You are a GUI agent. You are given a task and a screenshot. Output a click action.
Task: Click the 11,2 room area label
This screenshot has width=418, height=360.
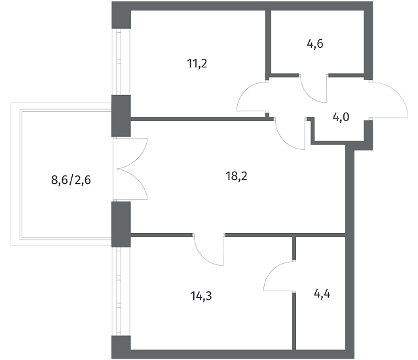pos(197,64)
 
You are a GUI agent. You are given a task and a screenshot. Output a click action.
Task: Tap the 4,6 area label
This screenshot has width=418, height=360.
pos(315,44)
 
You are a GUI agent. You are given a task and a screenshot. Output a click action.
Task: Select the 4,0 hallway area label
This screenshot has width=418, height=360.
pos(341,117)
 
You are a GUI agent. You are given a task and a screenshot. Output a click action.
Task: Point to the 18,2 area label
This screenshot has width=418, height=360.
pos(237,176)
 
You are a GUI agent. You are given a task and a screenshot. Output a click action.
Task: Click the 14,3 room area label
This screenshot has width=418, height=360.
pos(201,296)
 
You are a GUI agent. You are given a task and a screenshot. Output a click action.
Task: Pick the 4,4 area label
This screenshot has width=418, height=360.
pos(322,295)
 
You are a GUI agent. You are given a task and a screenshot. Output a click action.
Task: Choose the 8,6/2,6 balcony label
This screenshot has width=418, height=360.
pos(71,180)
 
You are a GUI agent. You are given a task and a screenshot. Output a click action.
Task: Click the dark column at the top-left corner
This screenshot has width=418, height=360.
pos(121,15)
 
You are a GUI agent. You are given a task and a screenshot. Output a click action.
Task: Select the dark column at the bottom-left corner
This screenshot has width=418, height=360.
pos(121,347)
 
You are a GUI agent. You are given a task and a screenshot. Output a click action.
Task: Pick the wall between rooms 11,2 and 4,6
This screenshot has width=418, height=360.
pos(268,43)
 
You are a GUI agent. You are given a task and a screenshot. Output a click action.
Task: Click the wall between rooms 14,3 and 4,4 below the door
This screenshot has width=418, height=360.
pos(294,321)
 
